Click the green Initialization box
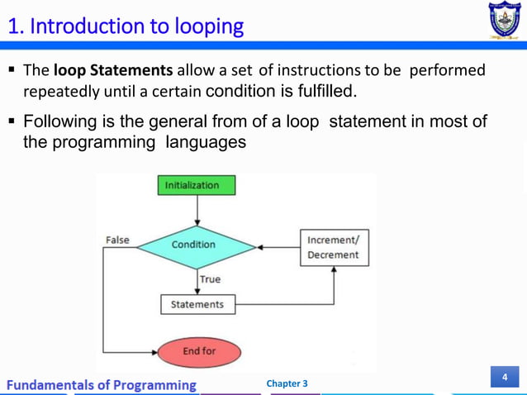pyautogui.click(x=196, y=185)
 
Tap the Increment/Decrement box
pyautogui.click(x=334, y=247)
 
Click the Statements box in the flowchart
pyautogui.click(x=197, y=304)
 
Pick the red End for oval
pyautogui.click(x=198, y=351)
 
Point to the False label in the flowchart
pyautogui.click(x=118, y=240)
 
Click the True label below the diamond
pyautogui.click(x=210, y=279)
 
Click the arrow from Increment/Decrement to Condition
pyautogui.click(x=278, y=246)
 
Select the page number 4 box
pyautogui.click(x=504, y=378)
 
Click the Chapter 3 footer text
pyautogui.click(x=287, y=383)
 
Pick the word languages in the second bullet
pyautogui.click(x=205, y=141)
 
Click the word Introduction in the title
pyautogui.click(x=84, y=26)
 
